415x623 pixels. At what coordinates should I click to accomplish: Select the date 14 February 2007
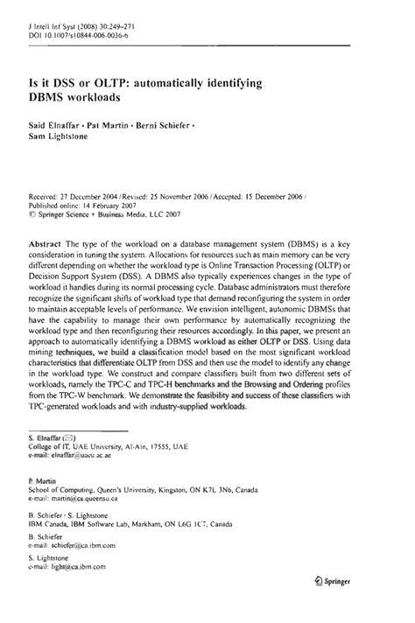tap(114, 208)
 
